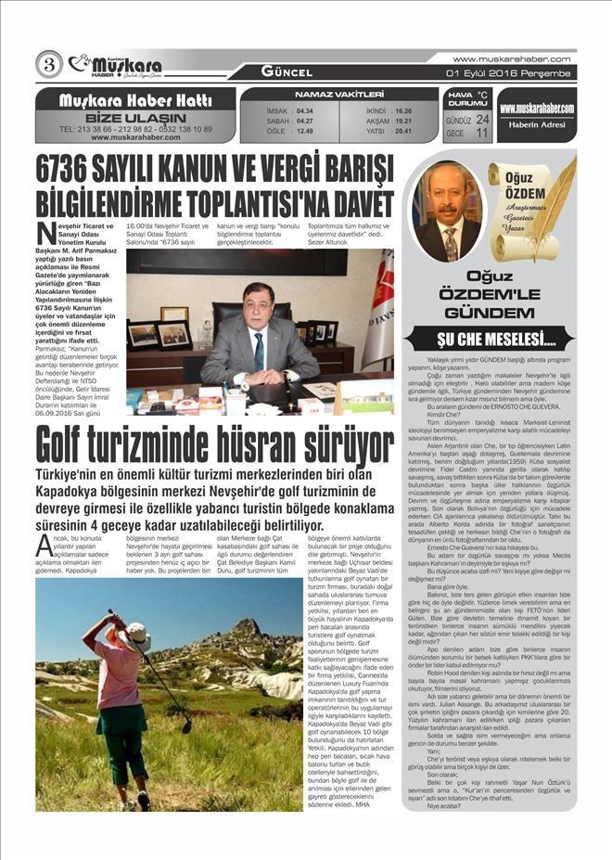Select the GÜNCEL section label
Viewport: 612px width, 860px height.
(x=287, y=71)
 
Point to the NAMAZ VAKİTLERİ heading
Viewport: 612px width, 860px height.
(x=338, y=95)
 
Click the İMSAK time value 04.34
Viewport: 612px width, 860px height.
(x=304, y=110)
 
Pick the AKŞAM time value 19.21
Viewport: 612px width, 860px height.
(x=402, y=121)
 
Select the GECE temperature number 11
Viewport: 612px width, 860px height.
(x=481, y=133)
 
